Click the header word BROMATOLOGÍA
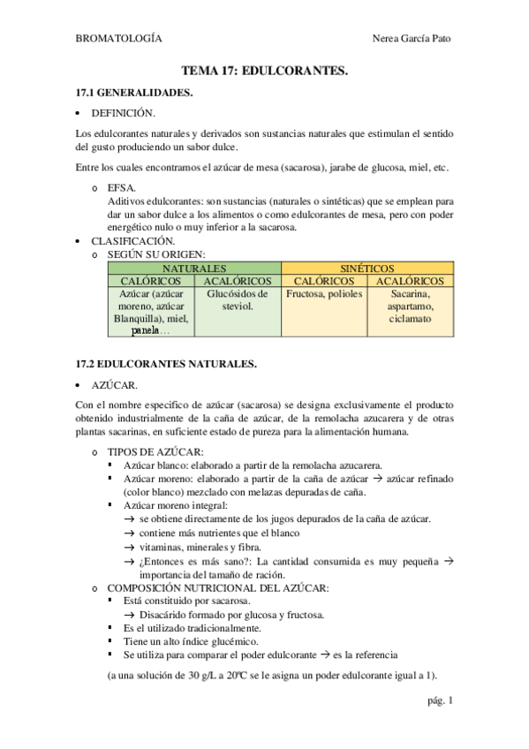tap(119, 38)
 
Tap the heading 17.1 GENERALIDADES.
tap(133, 92)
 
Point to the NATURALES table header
tap(194, 269)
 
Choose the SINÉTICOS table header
tap(367, 269)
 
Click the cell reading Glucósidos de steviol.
tap(236, 299)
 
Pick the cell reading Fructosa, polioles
tap(323, 293)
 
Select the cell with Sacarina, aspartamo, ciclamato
tap(409, 306)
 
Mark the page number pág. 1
tap(438, 701)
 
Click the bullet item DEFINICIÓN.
tap(124, 113)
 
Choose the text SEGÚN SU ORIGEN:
tap(155, 254)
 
